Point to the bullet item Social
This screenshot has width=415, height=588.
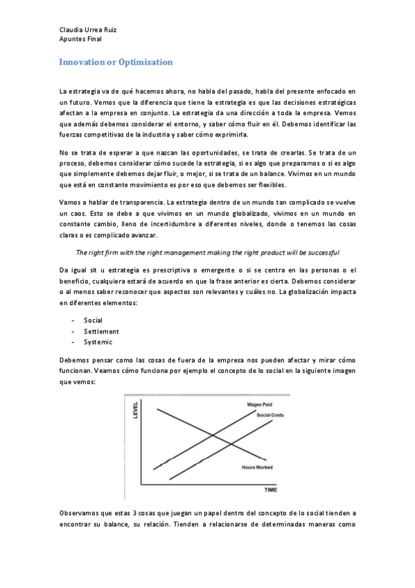(x=94, y=321)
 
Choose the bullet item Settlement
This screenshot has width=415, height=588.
(x=101, y=331)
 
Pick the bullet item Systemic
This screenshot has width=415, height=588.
(x=98, y=343)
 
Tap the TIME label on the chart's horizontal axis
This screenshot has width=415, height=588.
(x=270, y=490)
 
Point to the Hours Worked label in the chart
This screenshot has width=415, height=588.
(x=256, y=467)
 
